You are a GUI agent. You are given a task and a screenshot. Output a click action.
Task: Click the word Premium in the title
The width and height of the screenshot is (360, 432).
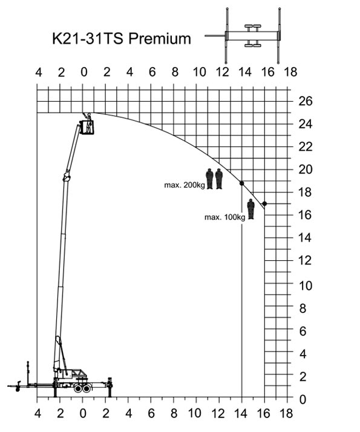(x=160, y=39)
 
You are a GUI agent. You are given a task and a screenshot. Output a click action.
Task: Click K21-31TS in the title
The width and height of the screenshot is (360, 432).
(x=88, y=38)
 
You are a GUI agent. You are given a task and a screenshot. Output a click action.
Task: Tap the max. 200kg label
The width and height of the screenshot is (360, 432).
(x=185, y=185)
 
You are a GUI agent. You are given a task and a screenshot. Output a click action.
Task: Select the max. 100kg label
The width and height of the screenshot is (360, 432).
(x=224, y=217)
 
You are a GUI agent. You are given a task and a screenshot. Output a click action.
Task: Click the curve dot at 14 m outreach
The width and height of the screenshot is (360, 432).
(x=242, y=183)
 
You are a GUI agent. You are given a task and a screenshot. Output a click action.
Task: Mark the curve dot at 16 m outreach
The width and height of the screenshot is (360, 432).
(x=264, y=204)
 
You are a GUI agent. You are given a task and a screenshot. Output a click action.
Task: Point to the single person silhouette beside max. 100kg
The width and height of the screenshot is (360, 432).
(x=250, y=209)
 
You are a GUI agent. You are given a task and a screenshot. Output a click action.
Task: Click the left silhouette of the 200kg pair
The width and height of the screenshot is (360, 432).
(x=209, y=179)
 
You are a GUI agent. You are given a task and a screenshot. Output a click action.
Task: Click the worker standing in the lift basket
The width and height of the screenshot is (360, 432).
(x=88, y=123)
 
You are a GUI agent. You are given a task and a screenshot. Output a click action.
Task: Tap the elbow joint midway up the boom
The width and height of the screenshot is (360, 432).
(x=67, y=177)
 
